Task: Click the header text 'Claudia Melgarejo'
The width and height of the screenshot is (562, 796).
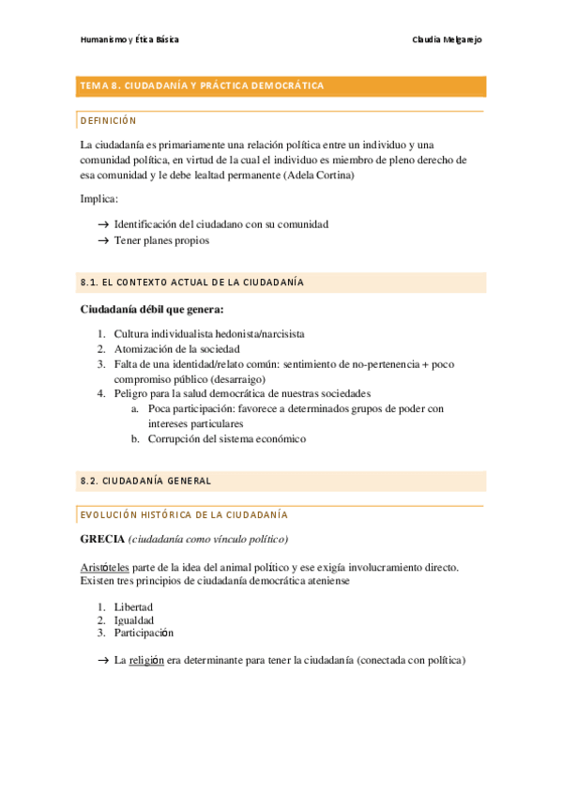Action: click(x=447, y=39)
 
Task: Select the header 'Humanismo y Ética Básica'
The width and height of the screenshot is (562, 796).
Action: click(x=129, y=39)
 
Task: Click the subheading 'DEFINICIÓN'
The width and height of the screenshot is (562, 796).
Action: click(x=109, y=121)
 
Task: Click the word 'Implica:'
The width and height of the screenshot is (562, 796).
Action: click(x=99, y=199)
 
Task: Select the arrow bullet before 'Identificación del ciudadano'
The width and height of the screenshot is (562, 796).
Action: click(x=102, y=225)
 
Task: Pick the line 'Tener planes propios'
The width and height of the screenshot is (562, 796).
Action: click(x=161, y=240)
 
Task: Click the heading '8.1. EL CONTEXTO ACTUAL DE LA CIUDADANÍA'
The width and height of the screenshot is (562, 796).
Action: click(x=192, y=283)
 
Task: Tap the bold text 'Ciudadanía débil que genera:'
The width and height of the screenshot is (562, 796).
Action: click(x=152, y=309)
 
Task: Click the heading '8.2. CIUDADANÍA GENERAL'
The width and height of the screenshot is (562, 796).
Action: click(x=145, y=481)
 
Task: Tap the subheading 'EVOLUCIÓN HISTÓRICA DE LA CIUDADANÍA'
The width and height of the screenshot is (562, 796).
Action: click(x=184, y=515)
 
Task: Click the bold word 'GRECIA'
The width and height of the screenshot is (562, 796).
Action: click(x=102, y=539)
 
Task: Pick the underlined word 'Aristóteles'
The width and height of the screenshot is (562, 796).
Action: click(x=104, y=568)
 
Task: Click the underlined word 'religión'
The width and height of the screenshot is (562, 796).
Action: click(x=145, y=660)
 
